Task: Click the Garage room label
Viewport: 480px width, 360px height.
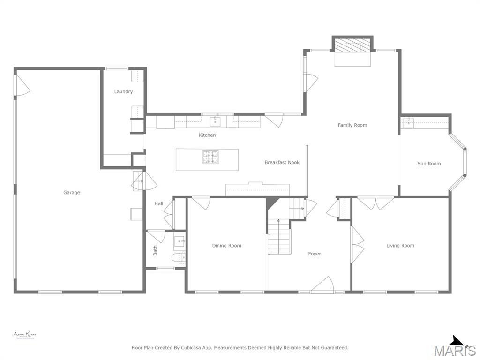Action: pyautogui.click(x=72, y=192)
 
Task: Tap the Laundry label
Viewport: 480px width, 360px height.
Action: pyautogui.click(x=123, y=91)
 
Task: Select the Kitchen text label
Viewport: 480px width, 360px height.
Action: pyautogui.click(x=207, y=135)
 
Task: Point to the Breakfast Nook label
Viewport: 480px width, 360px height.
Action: pyautogui.click(x=282, y=162)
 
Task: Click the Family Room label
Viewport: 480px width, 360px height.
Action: pyautogui.click(x=352, y=125)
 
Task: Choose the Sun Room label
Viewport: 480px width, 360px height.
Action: pyautogui.click(x=429, y=164)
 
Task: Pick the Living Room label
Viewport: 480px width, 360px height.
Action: pyautogui.click(x=400, y=245)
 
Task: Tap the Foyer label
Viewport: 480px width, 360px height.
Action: pyautogui.click(x=315, y=254)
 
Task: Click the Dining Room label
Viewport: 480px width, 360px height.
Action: pyautogui.click(x=227, y=245)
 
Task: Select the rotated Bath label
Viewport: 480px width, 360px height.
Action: pyautogui.click(x=155, y=251)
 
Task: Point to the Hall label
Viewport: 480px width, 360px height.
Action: pyautogui.click(x=159, y=203)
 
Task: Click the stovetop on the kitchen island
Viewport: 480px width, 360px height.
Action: pyautogui.click(x=210, y=157)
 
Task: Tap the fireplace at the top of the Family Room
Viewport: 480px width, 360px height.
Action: pyautogui.click(x=352, y=46)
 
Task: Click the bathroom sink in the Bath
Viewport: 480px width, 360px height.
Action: pyautogui.click(x=180, y=242)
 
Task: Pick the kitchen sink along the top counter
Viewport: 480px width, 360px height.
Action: pyautogui.click(x=215, y=122)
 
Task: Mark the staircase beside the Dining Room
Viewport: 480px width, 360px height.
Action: pyautogui.click(x=279, y=237)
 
